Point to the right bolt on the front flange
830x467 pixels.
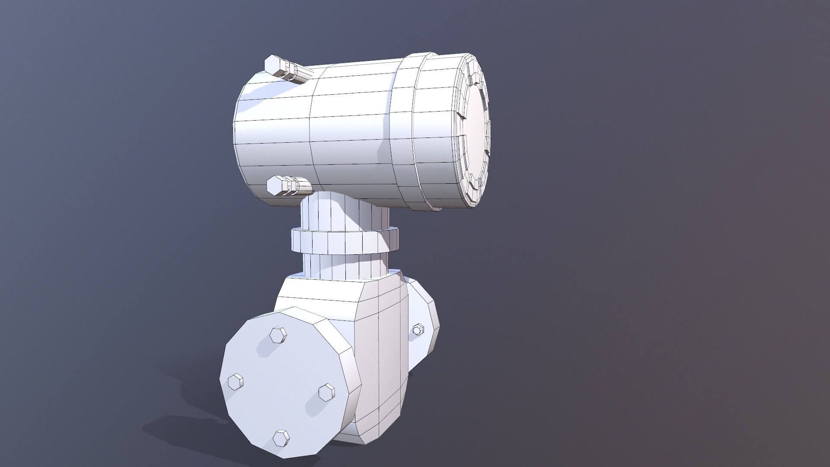point(326,393)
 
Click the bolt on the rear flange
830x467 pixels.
point(418,330)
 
